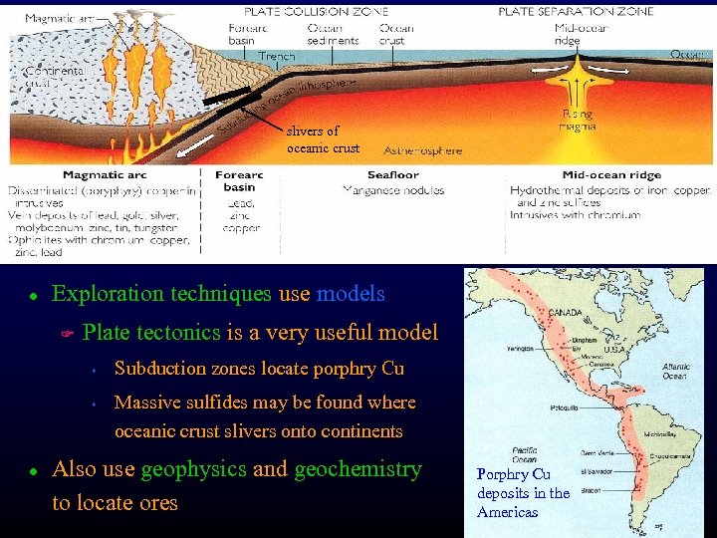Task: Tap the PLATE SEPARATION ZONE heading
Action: (576, 12)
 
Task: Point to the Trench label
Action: (276, 57)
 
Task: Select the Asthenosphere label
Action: (423, 151)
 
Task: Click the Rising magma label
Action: (578, 121)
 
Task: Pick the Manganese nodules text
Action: (393, 189)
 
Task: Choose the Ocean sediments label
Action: (333, 34)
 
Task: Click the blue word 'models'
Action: (350, 294)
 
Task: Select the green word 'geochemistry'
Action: (358, 469)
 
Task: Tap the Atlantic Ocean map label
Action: (676, 372)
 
